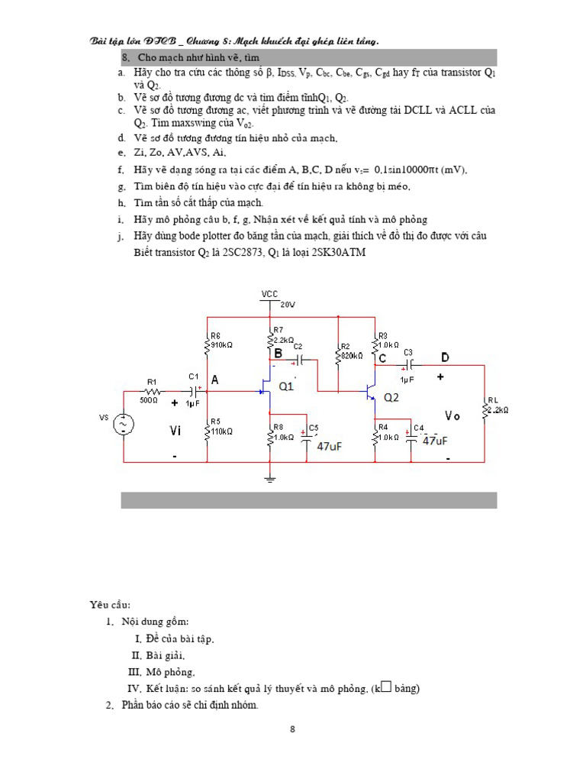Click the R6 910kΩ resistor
tap(207, 345)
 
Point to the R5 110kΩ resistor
tap(207, 431)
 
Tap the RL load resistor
tap(485, 410)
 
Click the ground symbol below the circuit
tap(269, 478)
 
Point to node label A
tap(214, 380)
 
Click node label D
tap(445, 357)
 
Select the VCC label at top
tap(269, 294)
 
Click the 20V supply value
tap(287, 304)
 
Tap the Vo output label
tap(453, 415)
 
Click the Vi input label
tap(175, 431)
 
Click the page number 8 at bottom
tap(292, 729)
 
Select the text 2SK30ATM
tap(339, 253)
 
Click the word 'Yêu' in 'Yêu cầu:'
tap(100, 605)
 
